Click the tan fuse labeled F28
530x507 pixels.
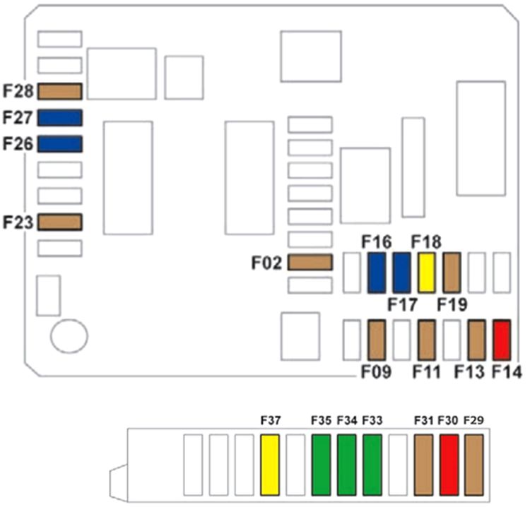[60, 92]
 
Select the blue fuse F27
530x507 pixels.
[60, 117]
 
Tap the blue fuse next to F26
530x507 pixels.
[60, 144]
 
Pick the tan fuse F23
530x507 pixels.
[60, 222]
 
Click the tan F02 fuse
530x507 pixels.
[310, 263]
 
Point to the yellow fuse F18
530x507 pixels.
[427, 273]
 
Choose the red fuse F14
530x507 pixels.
[502, 340]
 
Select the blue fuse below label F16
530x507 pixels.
[377, 273]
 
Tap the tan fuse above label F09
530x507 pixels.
[377, 340]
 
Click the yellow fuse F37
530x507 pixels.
[271, 465]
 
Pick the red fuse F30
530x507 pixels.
[449, 465]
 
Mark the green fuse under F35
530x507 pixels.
[322, 465]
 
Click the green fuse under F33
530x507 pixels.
[372, 465]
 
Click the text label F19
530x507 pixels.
[452, 305]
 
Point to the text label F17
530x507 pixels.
[403, 305]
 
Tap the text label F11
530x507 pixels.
[427, 371]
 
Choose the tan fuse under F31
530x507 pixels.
[423, 465]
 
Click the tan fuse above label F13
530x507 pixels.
[477, 340]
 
